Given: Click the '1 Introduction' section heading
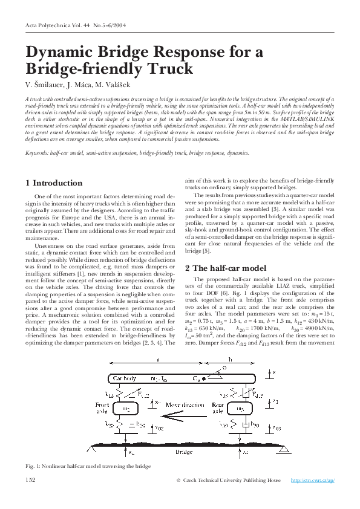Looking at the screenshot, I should (x=54, y=183).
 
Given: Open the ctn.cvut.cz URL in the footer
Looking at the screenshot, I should (x=313, y=480).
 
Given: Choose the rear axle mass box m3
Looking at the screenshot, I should (x=240, y=409).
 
